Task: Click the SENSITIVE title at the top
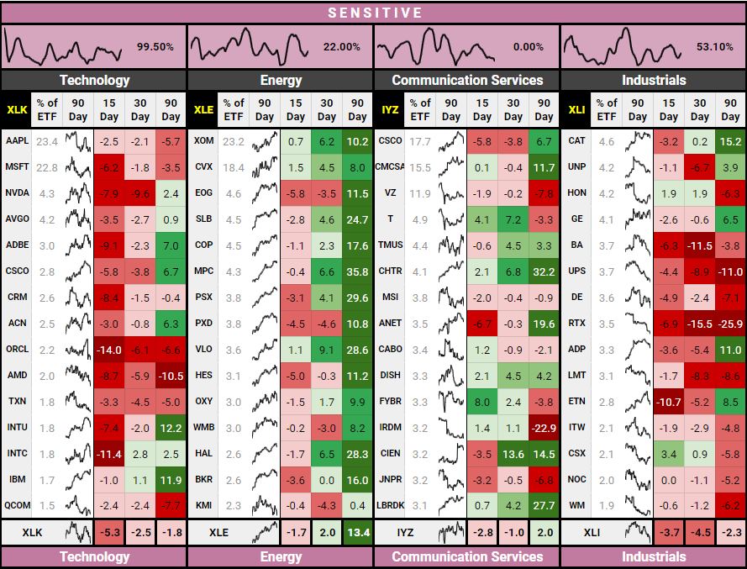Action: [x=373, y=13]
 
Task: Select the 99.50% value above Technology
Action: [x=155, y=47]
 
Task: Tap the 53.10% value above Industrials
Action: [x=716, y=47]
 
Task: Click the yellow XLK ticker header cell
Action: [x=17, y=109]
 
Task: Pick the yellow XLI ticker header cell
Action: [x=576, y=109]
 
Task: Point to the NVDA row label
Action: [x=17, y=192]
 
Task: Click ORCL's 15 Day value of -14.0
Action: [x=109, y=349]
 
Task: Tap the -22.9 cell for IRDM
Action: [x=544, y=427]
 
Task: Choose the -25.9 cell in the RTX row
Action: [x=730, y=323]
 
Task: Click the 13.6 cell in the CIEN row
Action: [x=513, y=453]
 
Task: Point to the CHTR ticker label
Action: [x=390, y=271]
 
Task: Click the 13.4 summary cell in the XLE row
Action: [x=357, y=531]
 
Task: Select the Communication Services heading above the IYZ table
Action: [x=466, y=81]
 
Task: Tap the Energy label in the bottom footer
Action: [x=281, y=556]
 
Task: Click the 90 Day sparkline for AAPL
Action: [x=78, y=140]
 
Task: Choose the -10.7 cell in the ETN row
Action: [x=669, y=401]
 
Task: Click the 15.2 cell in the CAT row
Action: [x=730, y=140]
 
